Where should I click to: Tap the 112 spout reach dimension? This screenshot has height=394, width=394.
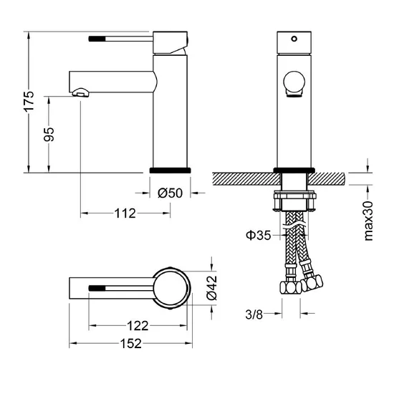pos(125,213)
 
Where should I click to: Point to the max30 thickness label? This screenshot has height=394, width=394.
pos(369,221)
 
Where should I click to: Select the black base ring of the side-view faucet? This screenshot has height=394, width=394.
pos(170,170)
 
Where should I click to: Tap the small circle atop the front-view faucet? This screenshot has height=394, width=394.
pos(293,36)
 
